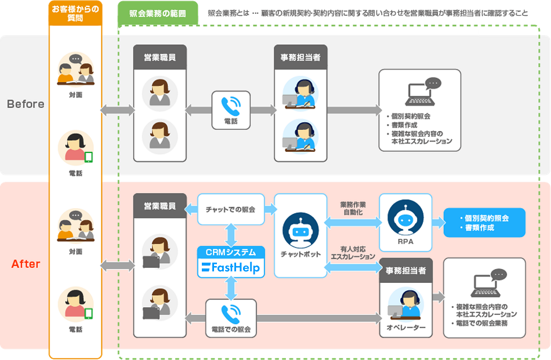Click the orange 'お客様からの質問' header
75,13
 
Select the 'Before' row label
25,104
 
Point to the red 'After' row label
26,264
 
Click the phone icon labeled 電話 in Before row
231,106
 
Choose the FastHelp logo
231,268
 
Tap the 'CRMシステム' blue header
231,252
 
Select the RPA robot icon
405,216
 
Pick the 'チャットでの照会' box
231,209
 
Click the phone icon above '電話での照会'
231,312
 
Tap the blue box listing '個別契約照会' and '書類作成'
484,223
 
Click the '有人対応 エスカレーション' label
353,252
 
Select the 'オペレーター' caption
406,328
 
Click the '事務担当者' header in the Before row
300,57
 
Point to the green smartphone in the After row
89,314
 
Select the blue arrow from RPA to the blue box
438,223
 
